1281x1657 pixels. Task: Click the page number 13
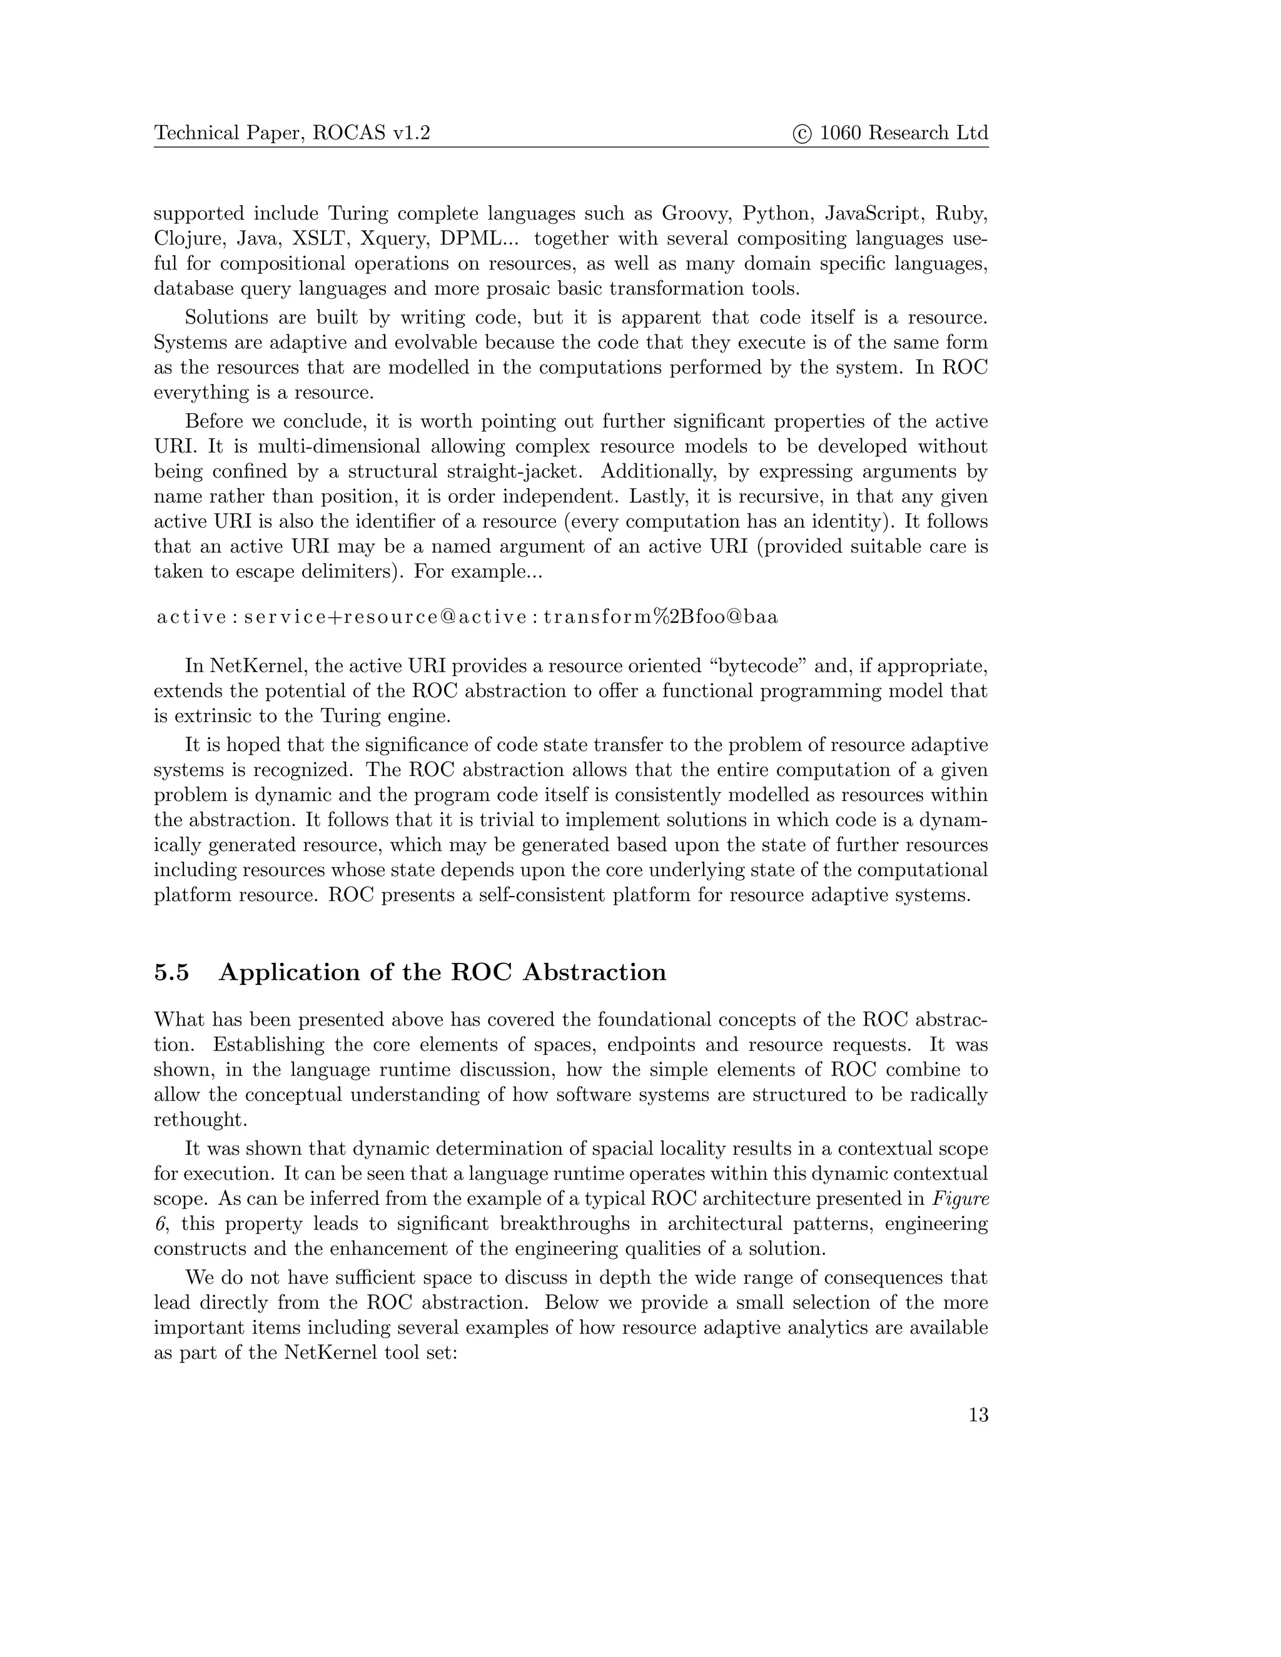tap(978, 1415)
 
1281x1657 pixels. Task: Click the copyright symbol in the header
tap(802, 134)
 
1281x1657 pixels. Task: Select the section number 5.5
tap(171, 973)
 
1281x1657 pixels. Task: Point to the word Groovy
tap(695, 213)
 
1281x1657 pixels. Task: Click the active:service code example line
tap(467, 617)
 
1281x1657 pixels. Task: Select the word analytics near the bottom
tap(829, 1327)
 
